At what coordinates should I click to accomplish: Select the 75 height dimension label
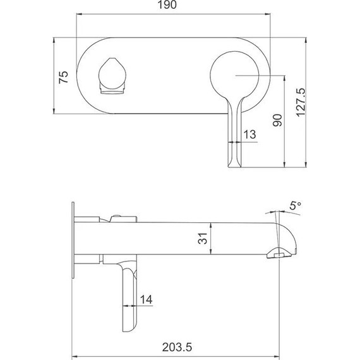click(63, 77)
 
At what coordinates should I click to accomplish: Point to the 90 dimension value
click(275, 120)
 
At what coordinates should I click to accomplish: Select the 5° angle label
click(294, 205)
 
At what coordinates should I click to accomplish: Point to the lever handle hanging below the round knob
click(233, 136)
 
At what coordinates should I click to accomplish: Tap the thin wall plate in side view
click(75, 239)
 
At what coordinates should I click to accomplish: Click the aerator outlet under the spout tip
click(279, 254)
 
